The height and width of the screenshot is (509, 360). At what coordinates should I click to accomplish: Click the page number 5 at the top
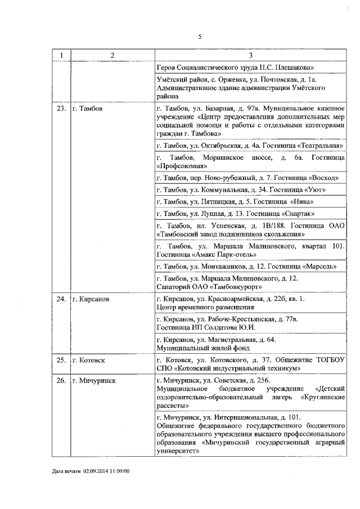[x=200, y=37]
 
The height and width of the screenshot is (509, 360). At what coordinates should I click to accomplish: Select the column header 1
[x=61, y=55]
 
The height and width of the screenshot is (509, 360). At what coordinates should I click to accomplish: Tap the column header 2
[x=112, y=55]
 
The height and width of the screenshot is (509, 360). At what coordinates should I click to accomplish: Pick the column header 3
[x=250, y=55]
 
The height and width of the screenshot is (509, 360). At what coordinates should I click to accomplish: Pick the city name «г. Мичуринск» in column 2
[x=94, y=381]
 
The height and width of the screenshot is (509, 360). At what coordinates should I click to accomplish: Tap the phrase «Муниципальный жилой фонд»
[x=191, y=348]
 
